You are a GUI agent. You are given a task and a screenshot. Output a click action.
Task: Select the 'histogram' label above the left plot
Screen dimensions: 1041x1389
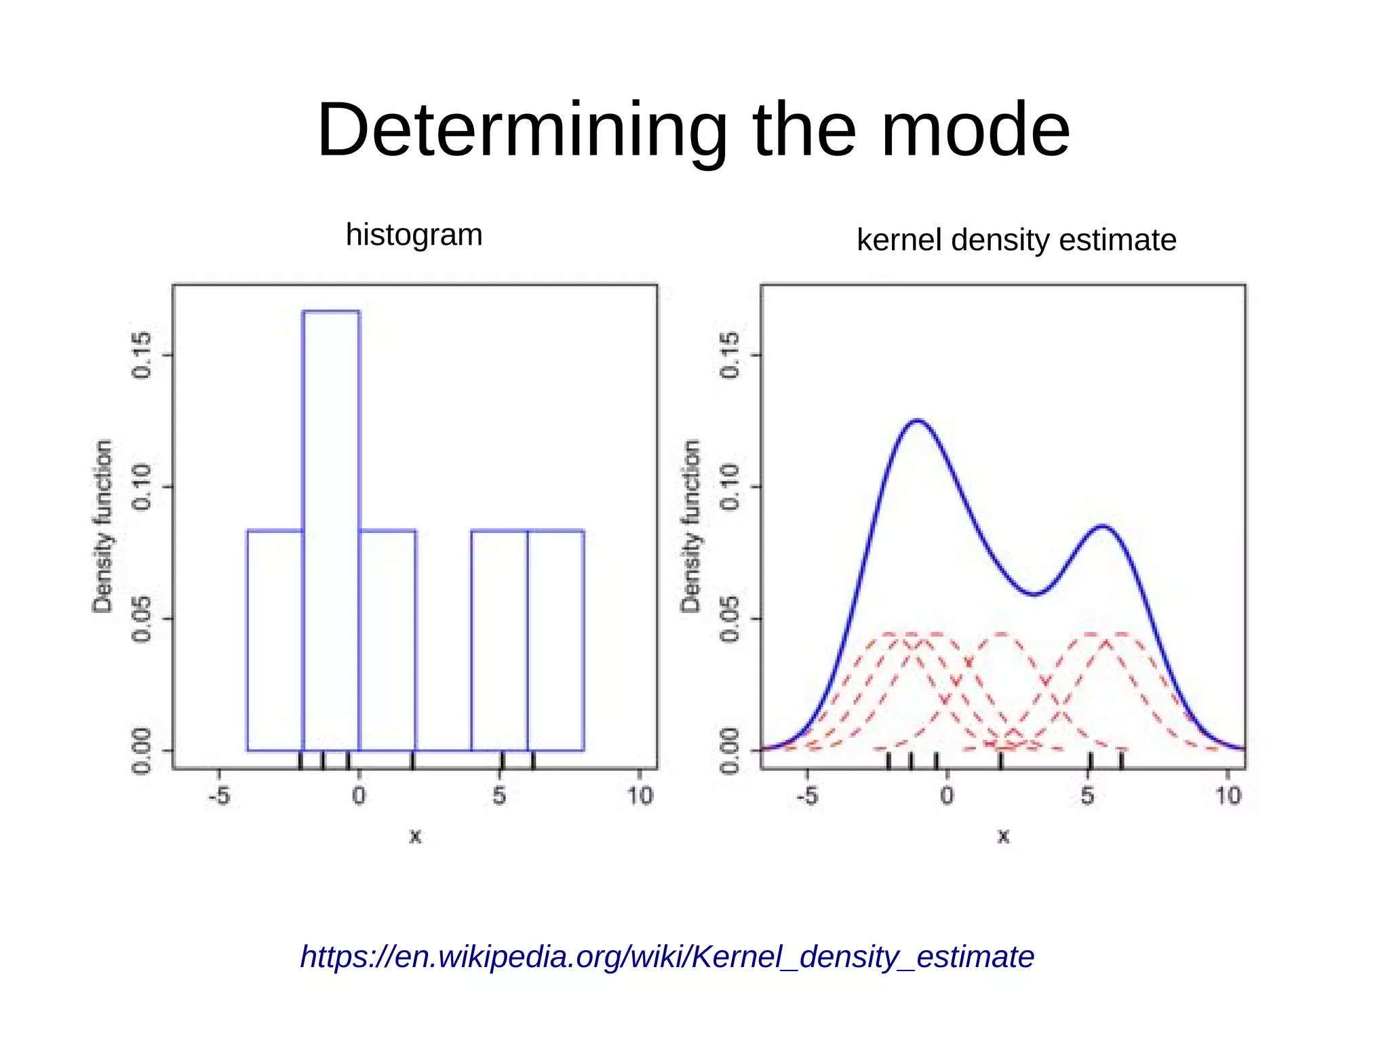414,235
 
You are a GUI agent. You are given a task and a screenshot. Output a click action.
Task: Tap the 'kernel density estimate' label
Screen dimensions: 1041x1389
1016,240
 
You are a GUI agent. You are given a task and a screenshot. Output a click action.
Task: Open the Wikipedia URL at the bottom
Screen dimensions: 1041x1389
667,957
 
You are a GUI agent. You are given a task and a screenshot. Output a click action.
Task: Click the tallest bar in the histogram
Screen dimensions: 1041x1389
332,529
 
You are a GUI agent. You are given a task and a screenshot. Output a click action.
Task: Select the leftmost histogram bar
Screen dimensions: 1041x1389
275,640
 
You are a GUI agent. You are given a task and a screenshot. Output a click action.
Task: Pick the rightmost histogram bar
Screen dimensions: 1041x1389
555,640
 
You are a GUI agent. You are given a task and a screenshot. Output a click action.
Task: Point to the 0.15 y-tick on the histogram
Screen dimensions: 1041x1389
142,355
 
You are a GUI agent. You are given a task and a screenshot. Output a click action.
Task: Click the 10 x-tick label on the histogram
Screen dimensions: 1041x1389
639,796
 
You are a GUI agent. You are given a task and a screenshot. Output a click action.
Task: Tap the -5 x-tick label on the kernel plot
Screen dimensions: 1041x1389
806,796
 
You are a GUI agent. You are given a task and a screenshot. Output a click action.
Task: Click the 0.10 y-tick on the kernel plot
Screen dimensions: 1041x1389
730,486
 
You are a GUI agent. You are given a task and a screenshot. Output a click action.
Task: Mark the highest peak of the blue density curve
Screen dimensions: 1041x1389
918,421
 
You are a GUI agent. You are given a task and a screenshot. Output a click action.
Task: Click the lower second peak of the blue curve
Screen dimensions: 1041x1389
1103,526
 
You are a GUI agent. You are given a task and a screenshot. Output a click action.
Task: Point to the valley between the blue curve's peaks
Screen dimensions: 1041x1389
1033,594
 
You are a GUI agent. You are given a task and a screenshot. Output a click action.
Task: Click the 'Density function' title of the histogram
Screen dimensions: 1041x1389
102,526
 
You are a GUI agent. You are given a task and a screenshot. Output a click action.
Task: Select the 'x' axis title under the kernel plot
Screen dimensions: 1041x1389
1003,836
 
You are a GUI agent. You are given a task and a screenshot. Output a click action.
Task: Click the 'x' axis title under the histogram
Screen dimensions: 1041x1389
415,836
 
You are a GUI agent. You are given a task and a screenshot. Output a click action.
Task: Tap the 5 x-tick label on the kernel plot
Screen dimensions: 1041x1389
1087,796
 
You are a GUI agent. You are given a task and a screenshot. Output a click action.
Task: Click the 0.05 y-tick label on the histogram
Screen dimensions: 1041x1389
142,618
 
